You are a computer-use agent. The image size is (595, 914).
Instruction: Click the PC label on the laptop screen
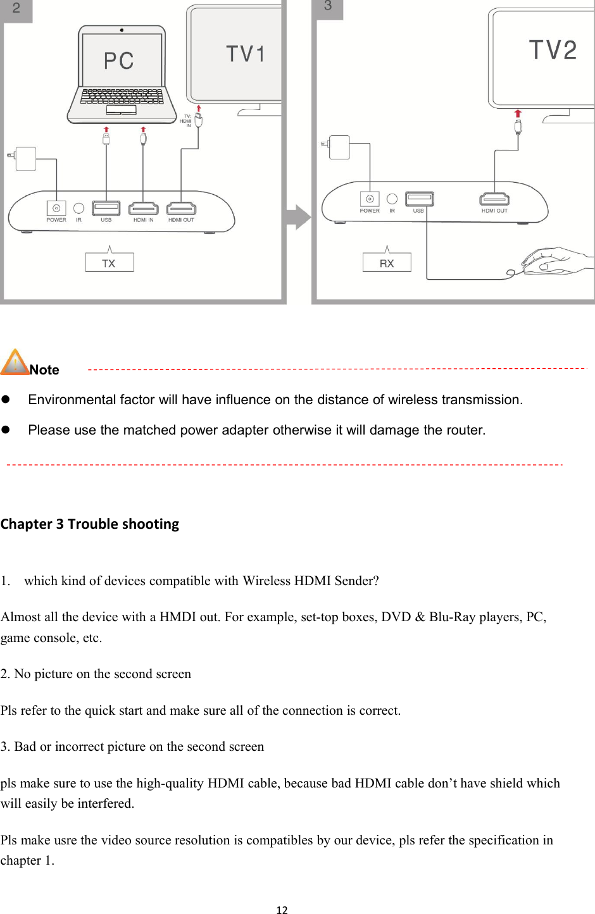119,61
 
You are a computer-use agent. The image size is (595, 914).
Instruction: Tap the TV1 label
246,54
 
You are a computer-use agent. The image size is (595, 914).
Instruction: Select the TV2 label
553,50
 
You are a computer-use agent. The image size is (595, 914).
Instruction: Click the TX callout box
110,262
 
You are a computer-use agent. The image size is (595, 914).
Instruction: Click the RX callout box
387,262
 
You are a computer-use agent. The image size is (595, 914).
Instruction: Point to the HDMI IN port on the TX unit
144,208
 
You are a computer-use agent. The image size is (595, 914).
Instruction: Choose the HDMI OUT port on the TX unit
181,208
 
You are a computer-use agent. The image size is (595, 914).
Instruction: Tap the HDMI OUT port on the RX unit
494,199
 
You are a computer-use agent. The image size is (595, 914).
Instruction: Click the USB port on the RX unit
419,199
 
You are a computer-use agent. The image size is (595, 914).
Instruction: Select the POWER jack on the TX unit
56,208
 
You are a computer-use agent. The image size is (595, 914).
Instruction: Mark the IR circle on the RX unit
392,199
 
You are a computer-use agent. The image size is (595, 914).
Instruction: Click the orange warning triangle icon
15,362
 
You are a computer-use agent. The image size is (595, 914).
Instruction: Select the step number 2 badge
16,9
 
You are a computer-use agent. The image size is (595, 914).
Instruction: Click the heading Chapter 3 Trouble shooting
90,524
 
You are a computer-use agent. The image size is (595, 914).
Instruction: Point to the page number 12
282,910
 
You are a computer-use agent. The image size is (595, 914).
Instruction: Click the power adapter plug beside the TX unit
25,158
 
